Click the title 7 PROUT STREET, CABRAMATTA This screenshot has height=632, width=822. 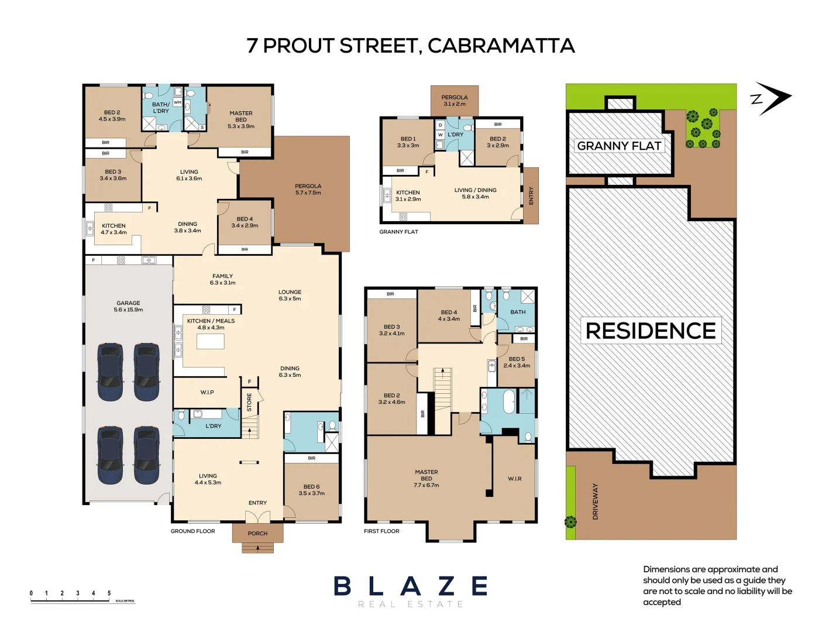click(x=411, y=46)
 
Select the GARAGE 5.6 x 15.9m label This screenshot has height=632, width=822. click(x=128, y=306)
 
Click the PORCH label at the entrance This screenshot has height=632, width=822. click(x=257, y=533)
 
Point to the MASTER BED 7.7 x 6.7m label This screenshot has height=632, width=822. click(x=426, y=478)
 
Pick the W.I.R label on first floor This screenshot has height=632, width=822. click(x=514, y=479)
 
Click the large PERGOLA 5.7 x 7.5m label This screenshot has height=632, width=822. click(x=308, y=189)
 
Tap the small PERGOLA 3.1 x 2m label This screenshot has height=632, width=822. click(x=454, y=101)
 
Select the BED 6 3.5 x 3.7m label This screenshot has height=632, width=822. click(x=311, y=490)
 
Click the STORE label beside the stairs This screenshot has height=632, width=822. click(x=249, y=402)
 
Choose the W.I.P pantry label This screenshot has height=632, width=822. click(x=207, y=392)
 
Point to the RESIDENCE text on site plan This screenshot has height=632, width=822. click(x=651, y=331)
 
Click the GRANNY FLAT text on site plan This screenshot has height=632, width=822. click(x=619, y=146)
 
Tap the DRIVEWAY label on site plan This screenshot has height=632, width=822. click(x=596, y=501)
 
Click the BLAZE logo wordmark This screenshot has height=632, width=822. click(x=411, y=586)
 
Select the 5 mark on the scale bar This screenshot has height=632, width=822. click(x=109, y=593)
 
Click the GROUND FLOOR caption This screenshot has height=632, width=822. click(x=192, y=531)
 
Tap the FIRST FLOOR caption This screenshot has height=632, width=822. click(x=381, y=531)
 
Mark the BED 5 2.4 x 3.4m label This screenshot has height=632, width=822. click(x=517, y=362)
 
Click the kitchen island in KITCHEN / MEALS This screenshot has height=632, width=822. click(x=210, y=341)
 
